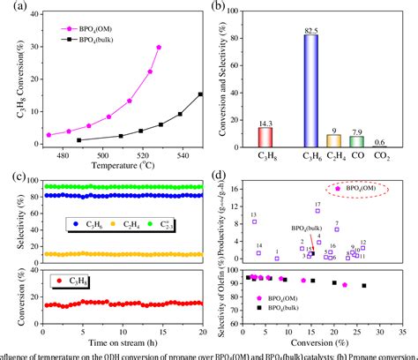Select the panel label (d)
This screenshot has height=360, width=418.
coord(230,177)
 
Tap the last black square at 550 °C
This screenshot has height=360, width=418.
coord(201,94)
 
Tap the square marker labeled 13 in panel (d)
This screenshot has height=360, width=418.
coord(255,222)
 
